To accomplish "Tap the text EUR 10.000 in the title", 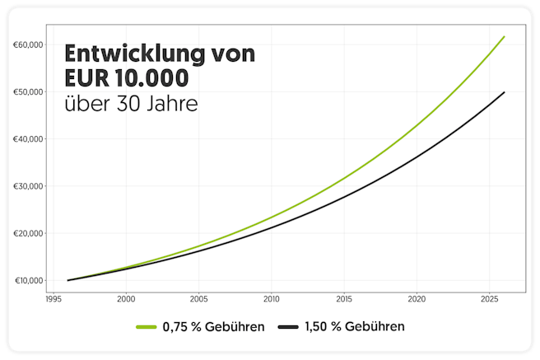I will click(126, 81).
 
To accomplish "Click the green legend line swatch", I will click(146, 327).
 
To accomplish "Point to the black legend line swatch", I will click(287, 327).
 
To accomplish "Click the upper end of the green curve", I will click(505, 36).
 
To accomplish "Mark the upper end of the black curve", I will click(505, 92).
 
